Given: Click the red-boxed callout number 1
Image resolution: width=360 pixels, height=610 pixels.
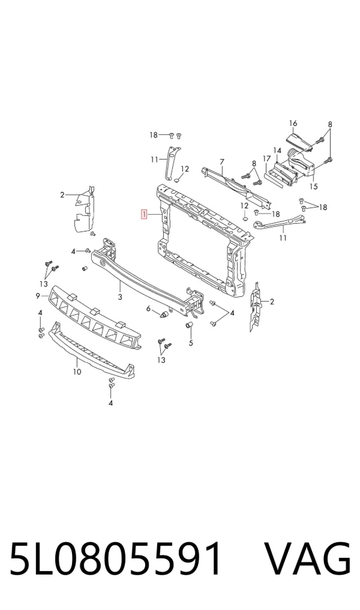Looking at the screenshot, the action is (x=144, y=214).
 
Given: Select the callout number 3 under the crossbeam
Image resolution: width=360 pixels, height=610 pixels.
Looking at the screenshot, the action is (x=120, y=298).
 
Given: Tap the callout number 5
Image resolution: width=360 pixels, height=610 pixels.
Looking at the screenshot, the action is (x=191, y=343).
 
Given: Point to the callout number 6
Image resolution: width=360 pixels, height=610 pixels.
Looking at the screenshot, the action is (x=148, y=308).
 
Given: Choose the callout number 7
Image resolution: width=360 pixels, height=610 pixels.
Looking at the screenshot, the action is (x=222, y=161).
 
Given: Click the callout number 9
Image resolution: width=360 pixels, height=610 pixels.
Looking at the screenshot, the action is (x=38, y=296).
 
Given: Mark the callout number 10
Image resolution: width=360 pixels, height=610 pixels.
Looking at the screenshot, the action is (x=77, y=372).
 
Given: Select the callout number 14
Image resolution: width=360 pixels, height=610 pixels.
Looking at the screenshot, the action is (x=277, y=151).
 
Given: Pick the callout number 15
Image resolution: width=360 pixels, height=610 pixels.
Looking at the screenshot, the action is (x=313, y=187).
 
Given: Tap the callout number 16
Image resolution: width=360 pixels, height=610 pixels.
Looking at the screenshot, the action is (x=293, y=124).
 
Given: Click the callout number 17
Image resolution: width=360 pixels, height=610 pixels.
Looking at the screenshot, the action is (x=266, y=159).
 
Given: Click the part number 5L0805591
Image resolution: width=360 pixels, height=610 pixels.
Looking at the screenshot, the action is (x=115, y=558).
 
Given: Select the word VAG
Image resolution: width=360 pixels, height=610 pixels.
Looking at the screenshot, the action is (x=308, y=558).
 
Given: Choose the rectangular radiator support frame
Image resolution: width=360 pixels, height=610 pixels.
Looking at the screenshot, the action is (x=202, y=241).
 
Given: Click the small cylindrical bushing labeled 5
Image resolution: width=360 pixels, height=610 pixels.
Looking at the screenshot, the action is (x=188, y=325).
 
